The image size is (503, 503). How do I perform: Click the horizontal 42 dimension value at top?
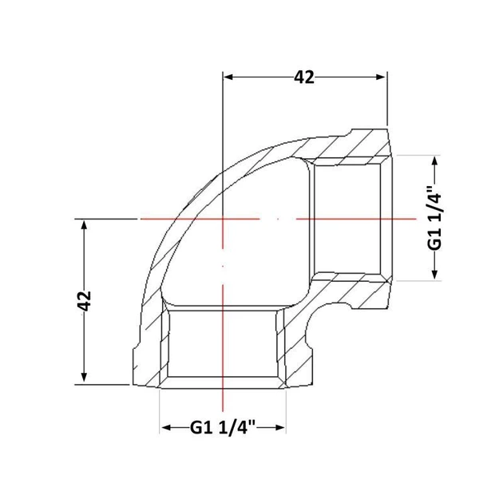click(304, 77)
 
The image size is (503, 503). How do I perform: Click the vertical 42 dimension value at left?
click(85, 301)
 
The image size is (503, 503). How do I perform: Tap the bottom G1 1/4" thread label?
click(222, 428)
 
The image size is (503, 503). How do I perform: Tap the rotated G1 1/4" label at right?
click(434, 218)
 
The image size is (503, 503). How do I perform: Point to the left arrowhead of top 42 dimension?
click(228, 77)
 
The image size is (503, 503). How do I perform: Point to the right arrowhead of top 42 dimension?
click(381, 77)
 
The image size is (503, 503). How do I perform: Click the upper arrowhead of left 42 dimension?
click(84, 224)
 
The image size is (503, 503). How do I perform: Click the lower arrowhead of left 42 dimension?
click(84, 377)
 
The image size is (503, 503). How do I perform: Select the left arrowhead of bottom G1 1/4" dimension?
click(166, 428)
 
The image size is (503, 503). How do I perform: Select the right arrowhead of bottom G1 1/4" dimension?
click(280, 428)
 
